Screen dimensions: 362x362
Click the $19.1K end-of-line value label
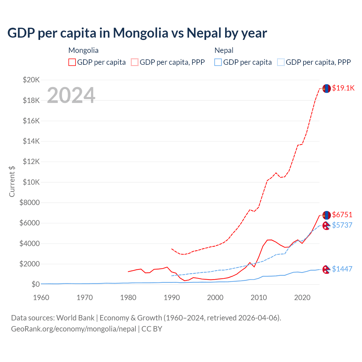343,88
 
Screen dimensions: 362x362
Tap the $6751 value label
342,215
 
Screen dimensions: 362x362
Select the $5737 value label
342,225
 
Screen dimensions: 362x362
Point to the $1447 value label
342,269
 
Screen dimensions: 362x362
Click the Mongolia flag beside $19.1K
327,89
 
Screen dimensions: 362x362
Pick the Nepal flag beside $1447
326,270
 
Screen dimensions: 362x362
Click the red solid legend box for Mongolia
72,62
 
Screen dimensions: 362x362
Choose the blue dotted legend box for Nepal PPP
281,62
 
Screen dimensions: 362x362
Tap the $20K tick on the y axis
31,80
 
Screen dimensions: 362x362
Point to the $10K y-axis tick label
31,182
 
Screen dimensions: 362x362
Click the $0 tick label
36,284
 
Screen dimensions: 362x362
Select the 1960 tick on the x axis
41,298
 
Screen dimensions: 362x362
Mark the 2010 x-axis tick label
259,298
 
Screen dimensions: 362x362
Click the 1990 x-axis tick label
172,298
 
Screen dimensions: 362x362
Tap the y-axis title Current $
12,181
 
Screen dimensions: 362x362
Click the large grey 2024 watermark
71,95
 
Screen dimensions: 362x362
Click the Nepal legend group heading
224,50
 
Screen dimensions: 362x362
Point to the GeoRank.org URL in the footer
74,329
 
